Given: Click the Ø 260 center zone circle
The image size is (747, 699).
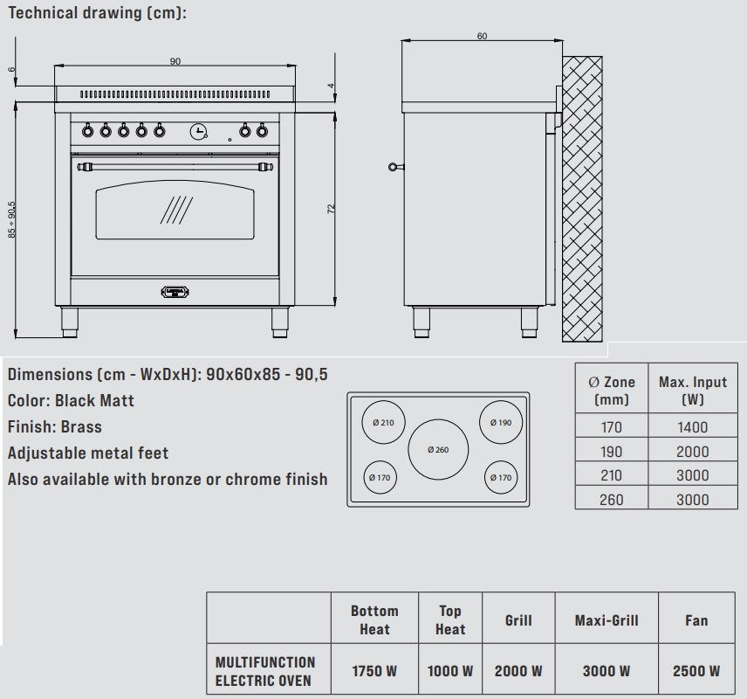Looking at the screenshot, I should click(x=438, y=449).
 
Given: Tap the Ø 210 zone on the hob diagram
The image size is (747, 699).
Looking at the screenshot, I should click(x=383, y=423).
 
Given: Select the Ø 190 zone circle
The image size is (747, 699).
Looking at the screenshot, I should click(x=501, y=422).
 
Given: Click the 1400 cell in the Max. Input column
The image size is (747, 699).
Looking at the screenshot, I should click(x=693, y=427).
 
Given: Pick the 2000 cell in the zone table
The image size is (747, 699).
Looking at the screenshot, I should click(x=693, y=452).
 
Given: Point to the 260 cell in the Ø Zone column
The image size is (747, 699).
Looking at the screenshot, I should click(x=612, y=499).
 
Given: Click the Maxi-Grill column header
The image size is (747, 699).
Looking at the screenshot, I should click(x=606, y=620).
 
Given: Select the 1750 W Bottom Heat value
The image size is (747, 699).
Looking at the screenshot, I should click(x=374, y=671).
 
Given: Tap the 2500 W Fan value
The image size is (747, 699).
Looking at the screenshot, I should click(x=696, y=671).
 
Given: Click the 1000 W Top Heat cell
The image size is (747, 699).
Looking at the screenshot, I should click(x=449, y=671).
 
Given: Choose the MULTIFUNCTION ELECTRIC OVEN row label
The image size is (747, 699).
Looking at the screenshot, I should click(x=265, y=671).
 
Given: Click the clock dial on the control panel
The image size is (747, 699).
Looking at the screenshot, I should click(x=199, y=131).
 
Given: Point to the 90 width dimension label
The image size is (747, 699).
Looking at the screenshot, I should click(x=175, y=61).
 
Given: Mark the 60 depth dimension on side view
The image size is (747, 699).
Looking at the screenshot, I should click(x=482, y=36).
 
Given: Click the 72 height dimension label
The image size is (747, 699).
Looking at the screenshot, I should click(x=332, y=209).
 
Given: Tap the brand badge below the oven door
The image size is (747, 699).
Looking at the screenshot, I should click(x=175, y=292).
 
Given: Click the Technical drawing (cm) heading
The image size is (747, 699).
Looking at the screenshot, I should click(x=97, y=13).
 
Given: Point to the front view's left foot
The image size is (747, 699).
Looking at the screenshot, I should click(x=71, y=322).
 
